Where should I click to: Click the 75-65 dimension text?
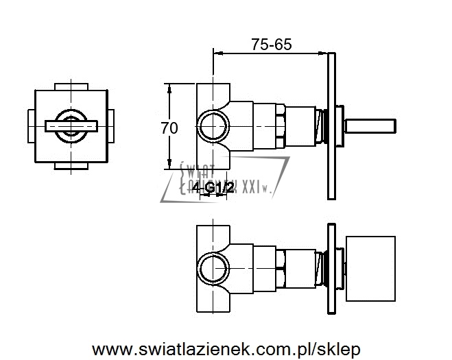point(272,45)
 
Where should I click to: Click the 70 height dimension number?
point(169,127)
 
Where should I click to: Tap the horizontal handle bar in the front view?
point(72,125)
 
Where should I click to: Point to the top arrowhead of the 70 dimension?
point(169,88)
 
